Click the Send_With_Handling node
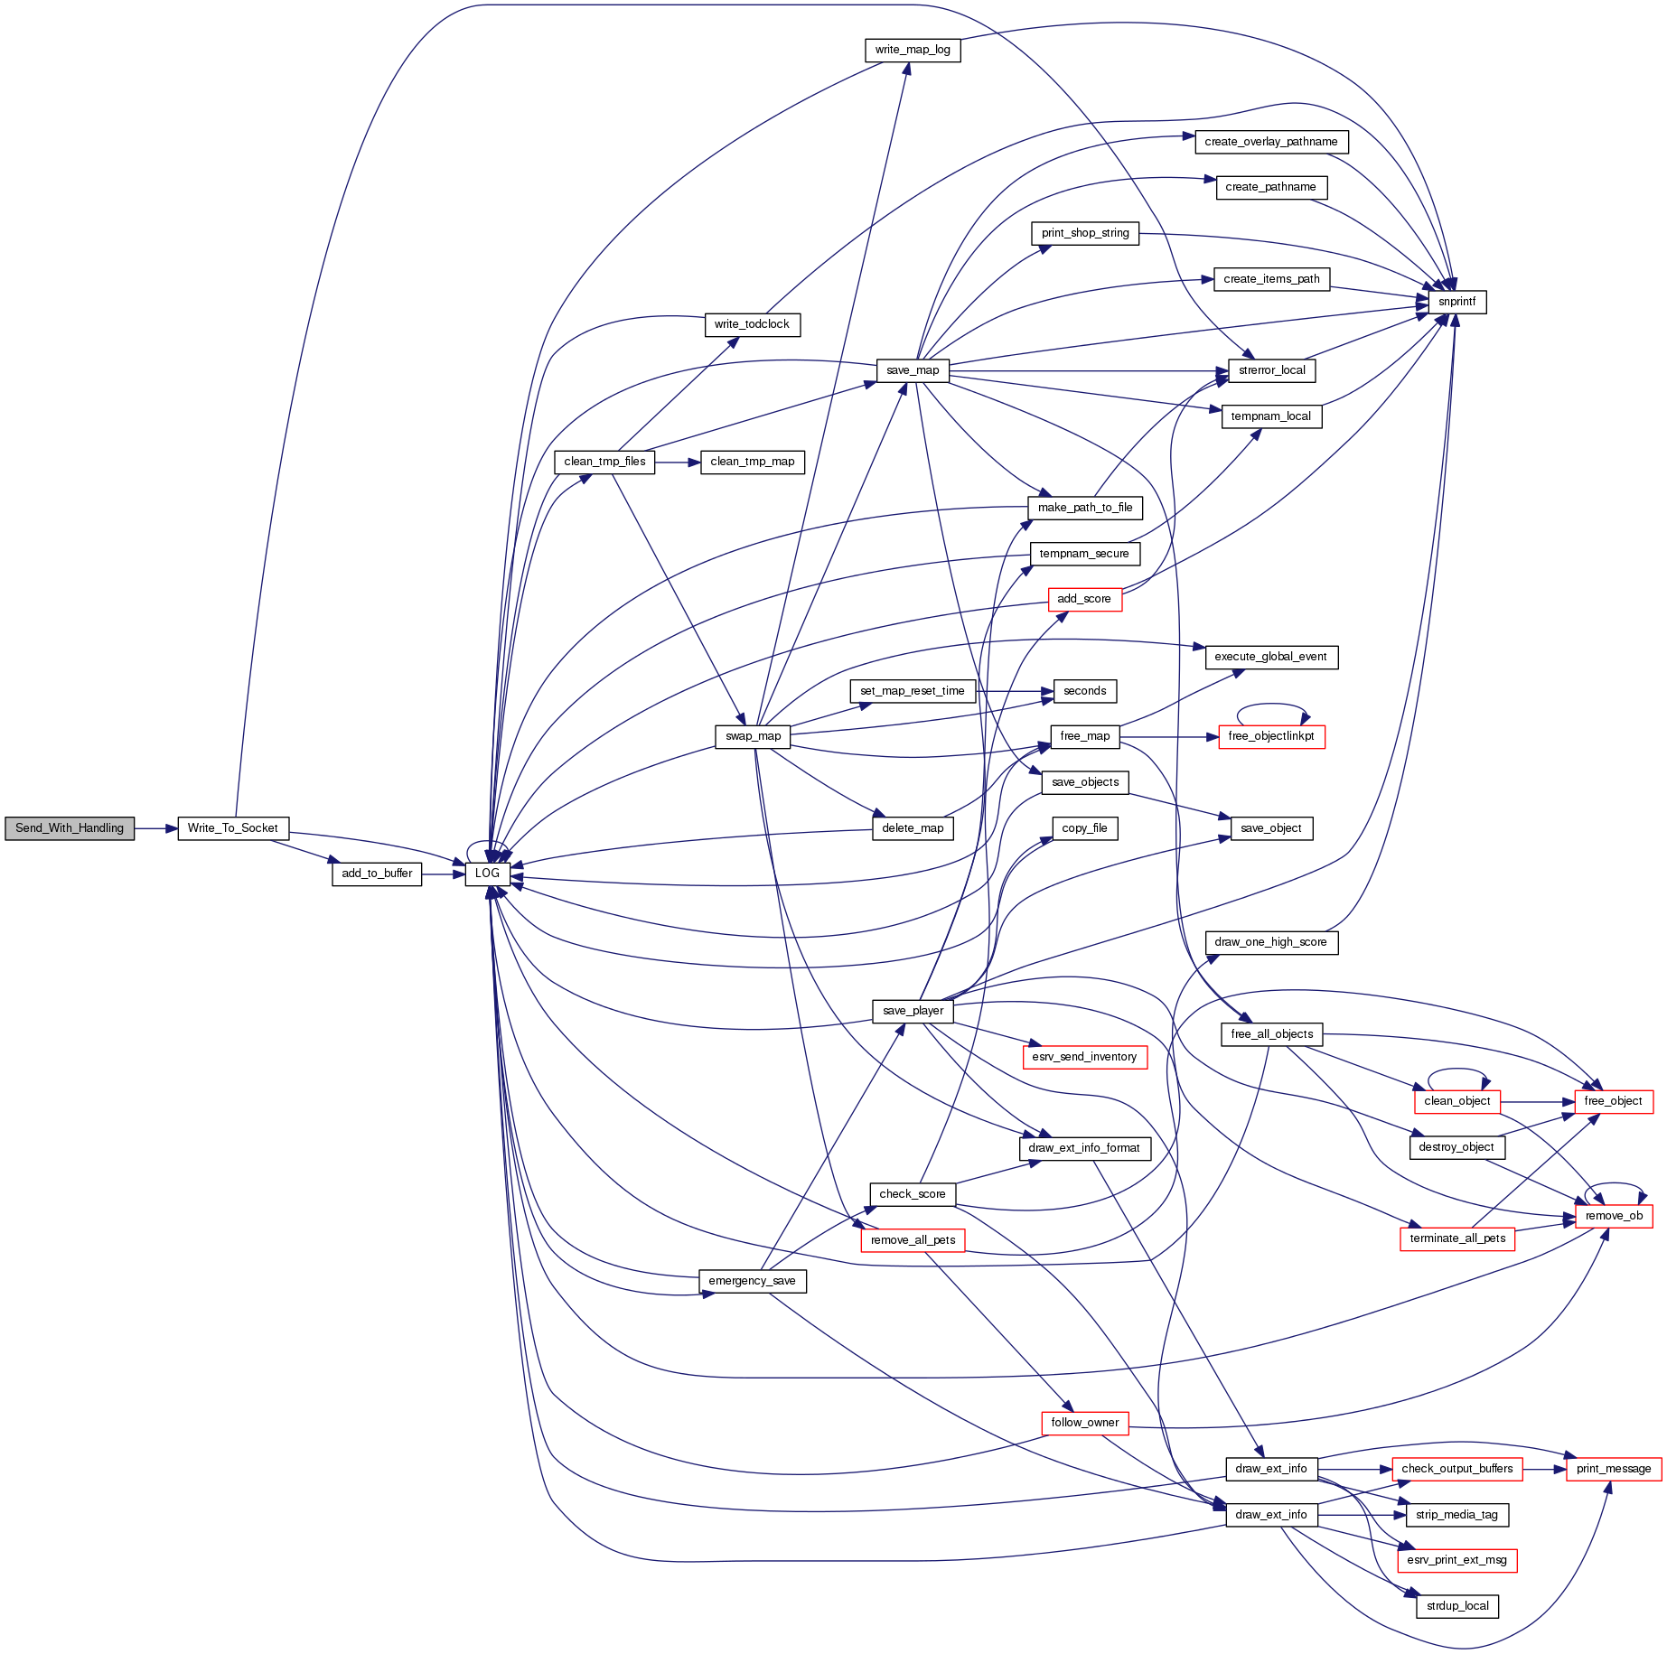click(70, 828)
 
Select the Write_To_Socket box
click(233, 828)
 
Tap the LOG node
click(487, 874)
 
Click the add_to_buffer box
click(377, 874)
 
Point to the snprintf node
click(1456, 302)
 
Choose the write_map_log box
click(913, 50)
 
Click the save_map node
click(913, 370)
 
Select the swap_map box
click(754, 736)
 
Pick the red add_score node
click(1084, 599)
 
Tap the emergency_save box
click(752, 1281)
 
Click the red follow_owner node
click(1084, 1423)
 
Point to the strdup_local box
click(1457, 1606)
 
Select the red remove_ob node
click(1614, 1216)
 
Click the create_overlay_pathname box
click(1271, 142)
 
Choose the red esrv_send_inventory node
click(1084, 1057)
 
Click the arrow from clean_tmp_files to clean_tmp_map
click(678, 462)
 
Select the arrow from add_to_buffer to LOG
click(443, 874)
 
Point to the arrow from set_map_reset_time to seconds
click(1015, 691)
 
